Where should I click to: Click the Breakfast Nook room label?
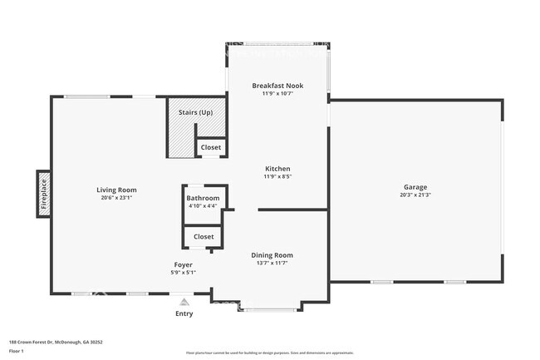[277, 86]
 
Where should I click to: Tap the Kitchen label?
[277, 169]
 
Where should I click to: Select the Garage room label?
[415, 187]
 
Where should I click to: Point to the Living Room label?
[116, 190]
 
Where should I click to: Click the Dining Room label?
[272, 255]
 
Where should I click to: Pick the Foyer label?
[183, 264]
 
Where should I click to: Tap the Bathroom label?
[203, 198]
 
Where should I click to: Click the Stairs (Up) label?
[195, 111]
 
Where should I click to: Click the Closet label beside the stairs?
[210, 147]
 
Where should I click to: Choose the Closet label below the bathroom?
[204, 236]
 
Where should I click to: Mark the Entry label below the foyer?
[184, 313]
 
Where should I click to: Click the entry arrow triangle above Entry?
[184, 300]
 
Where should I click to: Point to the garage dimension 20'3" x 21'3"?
[415, 195]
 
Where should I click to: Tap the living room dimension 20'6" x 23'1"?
[116, 198]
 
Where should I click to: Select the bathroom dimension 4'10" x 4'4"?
[203, 205]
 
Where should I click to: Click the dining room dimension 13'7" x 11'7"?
[272, 263]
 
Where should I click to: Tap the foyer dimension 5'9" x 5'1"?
[183, 272]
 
